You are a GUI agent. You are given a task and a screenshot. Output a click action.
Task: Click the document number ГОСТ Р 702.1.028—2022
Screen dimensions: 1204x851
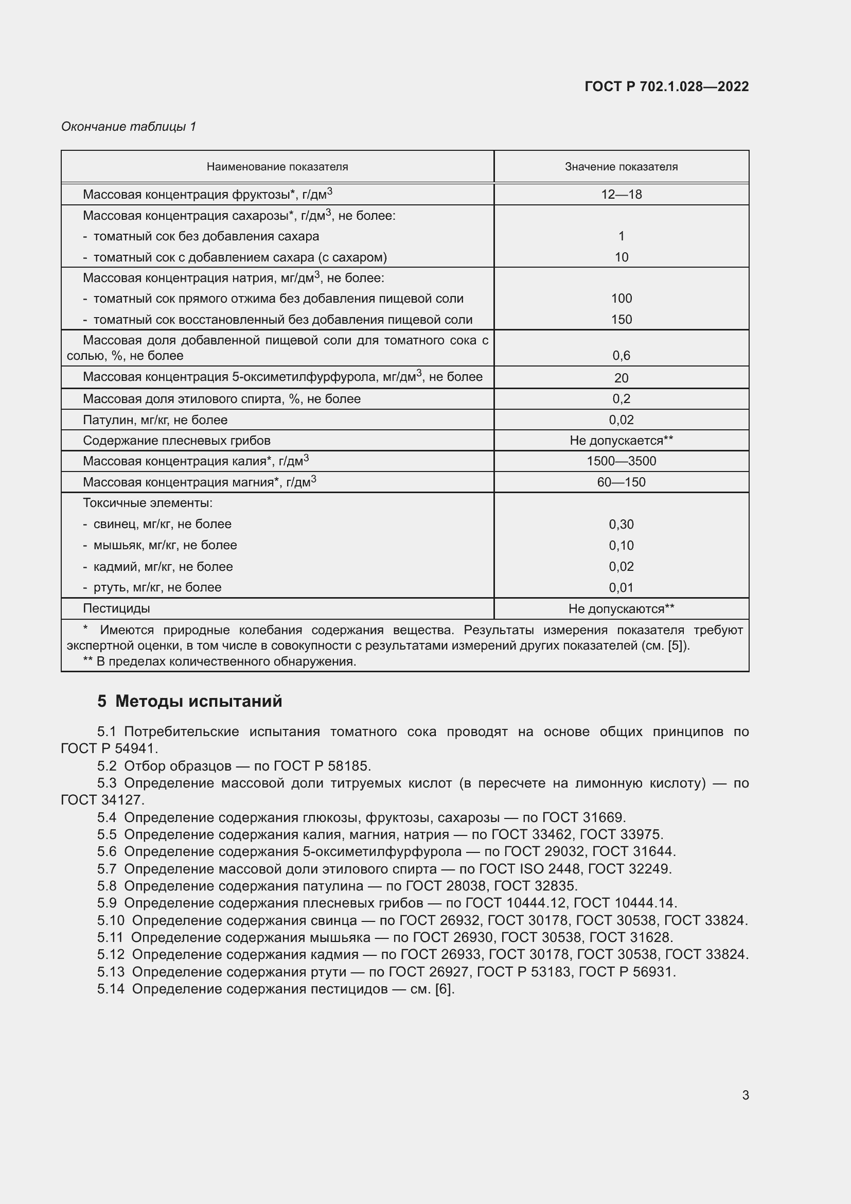tap(666, 86)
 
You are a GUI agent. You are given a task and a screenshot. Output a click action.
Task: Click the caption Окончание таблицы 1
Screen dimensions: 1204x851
tap(129, 127)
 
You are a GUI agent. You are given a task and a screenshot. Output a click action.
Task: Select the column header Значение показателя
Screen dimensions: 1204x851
tap(621, 167)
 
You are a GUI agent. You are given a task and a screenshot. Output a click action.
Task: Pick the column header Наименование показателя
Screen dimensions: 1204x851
tap(277, 167)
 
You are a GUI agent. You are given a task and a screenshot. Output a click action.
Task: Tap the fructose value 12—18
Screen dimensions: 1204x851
tap(621, 195)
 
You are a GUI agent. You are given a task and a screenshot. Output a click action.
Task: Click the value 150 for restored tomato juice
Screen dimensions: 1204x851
tap(621, 319)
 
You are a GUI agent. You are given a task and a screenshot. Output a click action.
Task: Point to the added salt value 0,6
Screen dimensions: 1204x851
tap(621, 356)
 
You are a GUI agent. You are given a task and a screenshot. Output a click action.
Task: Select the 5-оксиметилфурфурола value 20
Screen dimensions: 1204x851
tap(621, 377)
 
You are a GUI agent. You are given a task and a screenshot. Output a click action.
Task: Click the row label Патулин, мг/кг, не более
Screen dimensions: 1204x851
tap(155, 420)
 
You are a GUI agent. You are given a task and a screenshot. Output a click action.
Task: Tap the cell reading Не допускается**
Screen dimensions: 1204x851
tap(621, 441)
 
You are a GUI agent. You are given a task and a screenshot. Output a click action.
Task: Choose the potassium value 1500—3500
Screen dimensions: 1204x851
tap(621, 461)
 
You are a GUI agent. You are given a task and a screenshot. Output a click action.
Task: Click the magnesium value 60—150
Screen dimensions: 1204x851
tap(621, 482)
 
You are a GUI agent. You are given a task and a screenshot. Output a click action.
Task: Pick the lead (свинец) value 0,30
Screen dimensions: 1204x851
tap(621, 525)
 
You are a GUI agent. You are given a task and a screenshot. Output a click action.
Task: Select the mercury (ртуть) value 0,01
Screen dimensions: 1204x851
tap(621, 588)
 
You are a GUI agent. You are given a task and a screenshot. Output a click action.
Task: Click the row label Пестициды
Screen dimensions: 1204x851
tap(116, 609)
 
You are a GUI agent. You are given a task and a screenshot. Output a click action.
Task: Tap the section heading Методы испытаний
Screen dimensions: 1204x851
tap(199, 702)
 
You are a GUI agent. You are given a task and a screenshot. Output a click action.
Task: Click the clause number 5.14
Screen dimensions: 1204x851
tap(111, 989)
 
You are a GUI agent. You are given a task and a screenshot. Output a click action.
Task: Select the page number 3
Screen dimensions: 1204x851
tap(745, 1095)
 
